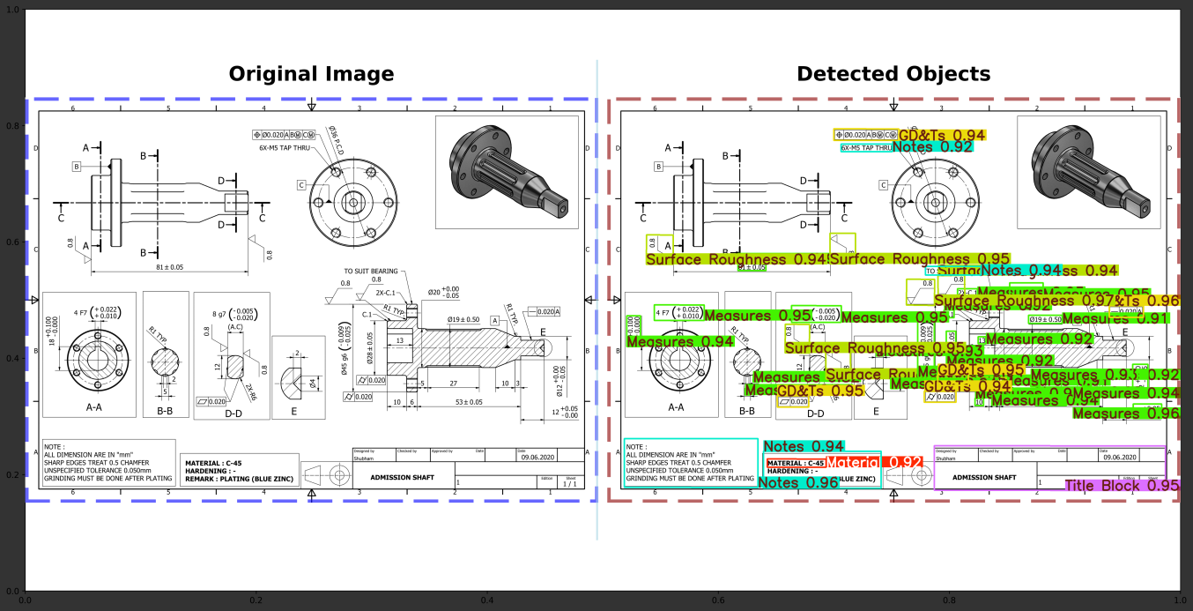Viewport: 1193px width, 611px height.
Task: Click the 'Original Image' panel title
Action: (311, 74)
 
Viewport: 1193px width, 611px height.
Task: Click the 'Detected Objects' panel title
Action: (893, 74)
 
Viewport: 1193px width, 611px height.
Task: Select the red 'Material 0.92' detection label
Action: (874, 463)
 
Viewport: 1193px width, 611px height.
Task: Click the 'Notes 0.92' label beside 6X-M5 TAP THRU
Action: (932, 147)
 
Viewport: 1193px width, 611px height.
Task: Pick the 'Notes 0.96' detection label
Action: (797, 483)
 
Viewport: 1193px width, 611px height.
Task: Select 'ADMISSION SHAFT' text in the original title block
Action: (402, 477)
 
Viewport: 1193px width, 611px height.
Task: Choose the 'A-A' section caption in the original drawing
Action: (93, 407)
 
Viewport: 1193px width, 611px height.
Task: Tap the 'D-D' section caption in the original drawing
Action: (233, 413)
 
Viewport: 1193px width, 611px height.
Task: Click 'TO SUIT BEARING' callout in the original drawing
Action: (370, 272)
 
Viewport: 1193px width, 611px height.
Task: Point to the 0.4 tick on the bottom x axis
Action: (486, 600)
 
